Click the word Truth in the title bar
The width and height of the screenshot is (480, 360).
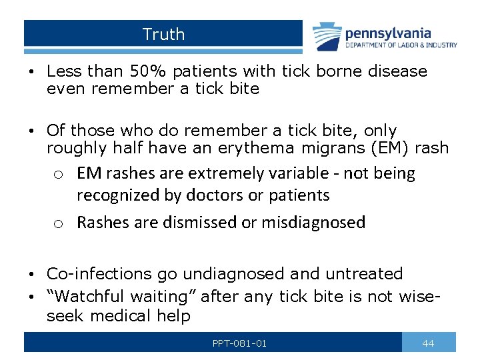(x=163, y=34)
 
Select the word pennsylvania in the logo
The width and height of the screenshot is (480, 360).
(x=387, y=33)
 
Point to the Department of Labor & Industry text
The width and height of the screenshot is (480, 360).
(x=401, y=45)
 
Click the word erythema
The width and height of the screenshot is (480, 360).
(x=265, y=148)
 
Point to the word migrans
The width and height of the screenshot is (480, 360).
(x=339, y=148)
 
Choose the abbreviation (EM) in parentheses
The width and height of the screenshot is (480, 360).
(x=396, y=148)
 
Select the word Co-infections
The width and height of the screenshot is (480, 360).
(x=99, y=274)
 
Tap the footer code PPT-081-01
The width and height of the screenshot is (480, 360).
(x=239, y=343)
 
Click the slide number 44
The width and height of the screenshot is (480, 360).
(x=429, y=343)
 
